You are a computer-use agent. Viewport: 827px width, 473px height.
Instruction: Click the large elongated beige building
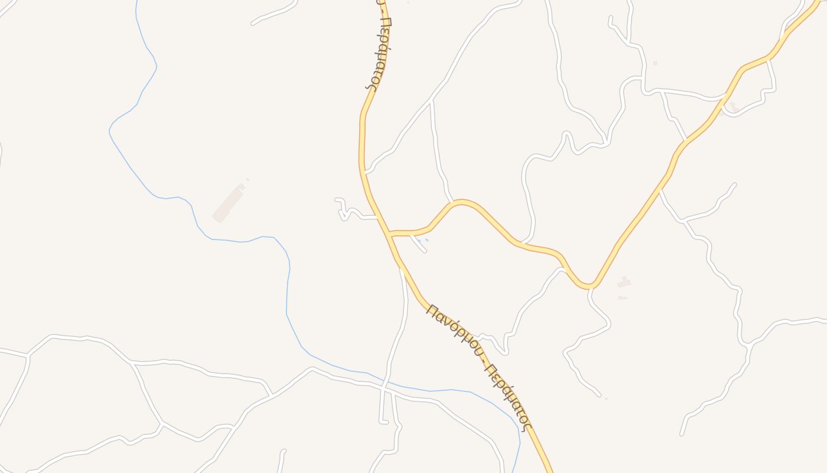pyautogui.click(x=228, y=203)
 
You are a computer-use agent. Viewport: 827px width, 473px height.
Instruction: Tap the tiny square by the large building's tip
pyautogui.click(x=248, y=179)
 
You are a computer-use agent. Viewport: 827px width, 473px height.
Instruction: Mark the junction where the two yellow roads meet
pyautogui.click(x=389, y=234)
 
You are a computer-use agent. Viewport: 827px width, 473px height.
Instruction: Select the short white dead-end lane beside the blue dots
pyautogui.click(x=419, y=244)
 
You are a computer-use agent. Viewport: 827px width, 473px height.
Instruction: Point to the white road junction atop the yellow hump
pyautogui.click(x=452, y=202)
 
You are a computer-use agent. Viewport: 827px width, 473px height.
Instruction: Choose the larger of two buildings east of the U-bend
pyautogui.click(x=624, y=283)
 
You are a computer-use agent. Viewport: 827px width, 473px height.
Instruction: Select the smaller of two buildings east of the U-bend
pyautogui.click(x=622, y=297)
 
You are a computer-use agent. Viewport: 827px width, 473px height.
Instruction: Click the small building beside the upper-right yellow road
pyautogui.click(x=732, y=106)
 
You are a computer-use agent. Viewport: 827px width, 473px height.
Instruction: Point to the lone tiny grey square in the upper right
pyautogui.click(x=655, y=63)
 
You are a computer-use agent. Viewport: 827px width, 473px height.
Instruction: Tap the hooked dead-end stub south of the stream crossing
pyautogui.click(x=382, y=419)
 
